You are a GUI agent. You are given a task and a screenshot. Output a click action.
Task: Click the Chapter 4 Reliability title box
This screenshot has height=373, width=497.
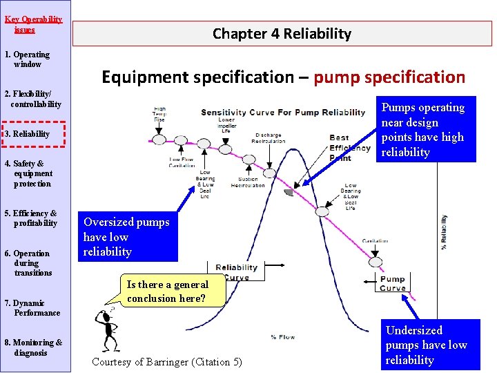[x=282, y=34]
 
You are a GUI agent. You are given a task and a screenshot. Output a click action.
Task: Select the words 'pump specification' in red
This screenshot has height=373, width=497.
[x=389, y=77]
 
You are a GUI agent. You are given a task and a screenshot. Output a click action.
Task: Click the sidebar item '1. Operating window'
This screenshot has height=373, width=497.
[x=28, y=59]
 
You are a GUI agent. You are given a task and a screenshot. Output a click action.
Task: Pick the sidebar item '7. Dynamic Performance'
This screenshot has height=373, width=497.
[x=33, y=308]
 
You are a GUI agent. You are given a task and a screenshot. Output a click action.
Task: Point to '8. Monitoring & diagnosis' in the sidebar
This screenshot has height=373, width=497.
[x=33, y=347]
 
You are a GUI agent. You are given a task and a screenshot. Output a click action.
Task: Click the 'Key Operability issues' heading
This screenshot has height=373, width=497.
[x=33, y=24]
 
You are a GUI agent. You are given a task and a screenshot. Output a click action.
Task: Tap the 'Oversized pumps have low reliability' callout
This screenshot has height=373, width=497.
[x=127, y=237]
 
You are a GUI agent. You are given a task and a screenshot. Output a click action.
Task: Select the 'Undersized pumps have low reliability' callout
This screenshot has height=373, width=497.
[x=426, y=345]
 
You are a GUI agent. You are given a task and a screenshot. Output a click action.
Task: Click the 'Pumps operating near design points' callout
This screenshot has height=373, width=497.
[x=426, y=130]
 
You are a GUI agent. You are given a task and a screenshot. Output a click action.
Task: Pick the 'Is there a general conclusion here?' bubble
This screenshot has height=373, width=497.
[x=167, y=291]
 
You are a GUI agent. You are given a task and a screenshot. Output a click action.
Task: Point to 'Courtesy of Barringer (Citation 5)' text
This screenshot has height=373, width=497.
[x=167, y=362]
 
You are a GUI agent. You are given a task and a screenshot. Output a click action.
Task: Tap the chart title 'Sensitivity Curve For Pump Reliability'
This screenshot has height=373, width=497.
[x=283, y=113]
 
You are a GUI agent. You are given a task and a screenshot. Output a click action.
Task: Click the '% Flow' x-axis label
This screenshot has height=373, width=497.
[x=283, y=337]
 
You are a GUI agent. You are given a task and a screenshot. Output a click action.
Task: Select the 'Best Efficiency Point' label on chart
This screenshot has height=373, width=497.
[x=349, y=148]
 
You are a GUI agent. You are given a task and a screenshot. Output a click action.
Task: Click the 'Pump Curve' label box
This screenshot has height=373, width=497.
[x=393, y=283]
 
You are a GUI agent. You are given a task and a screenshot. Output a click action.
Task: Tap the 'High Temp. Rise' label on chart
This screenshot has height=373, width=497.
[x=159, y=114]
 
